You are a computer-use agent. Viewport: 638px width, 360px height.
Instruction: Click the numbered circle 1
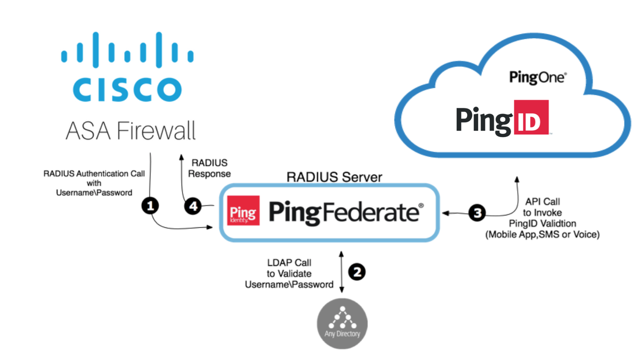pos(150,206)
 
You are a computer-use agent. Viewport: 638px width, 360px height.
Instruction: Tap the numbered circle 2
pos(357,272)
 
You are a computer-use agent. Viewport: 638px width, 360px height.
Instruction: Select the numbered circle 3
pos(477,213)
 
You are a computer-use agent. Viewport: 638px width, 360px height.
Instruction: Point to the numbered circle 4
pos(193,206)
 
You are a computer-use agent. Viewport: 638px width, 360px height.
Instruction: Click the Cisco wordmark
pos(127,89)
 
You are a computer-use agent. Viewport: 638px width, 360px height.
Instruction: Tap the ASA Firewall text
pos(131,130)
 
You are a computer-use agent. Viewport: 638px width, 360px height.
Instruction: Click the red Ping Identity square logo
pos(243,211)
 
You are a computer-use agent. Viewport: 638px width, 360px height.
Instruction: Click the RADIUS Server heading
pos(334,177)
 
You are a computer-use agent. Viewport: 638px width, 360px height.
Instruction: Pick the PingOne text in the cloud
pos(537,77)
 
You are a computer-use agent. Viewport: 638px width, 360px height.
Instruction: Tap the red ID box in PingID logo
pos(531,117)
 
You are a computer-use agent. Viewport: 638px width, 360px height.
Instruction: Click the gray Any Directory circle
pos(342,324)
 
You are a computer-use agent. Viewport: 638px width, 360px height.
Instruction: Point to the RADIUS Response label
pos(209,168)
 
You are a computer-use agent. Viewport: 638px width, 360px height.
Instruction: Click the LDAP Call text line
pos(289,263)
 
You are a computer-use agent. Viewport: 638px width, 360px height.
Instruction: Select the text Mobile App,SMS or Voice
pos(542,235)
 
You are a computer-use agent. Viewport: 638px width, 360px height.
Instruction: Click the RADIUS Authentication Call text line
pos(94,174)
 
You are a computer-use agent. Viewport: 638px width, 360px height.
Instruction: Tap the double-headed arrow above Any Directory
pos(341,272)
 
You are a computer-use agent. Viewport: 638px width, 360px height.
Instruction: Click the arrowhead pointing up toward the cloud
pos(517,179)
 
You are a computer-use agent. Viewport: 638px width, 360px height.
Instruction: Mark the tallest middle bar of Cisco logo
pos(96,49)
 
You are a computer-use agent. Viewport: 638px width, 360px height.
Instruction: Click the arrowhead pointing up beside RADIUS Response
pos(182,157)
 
